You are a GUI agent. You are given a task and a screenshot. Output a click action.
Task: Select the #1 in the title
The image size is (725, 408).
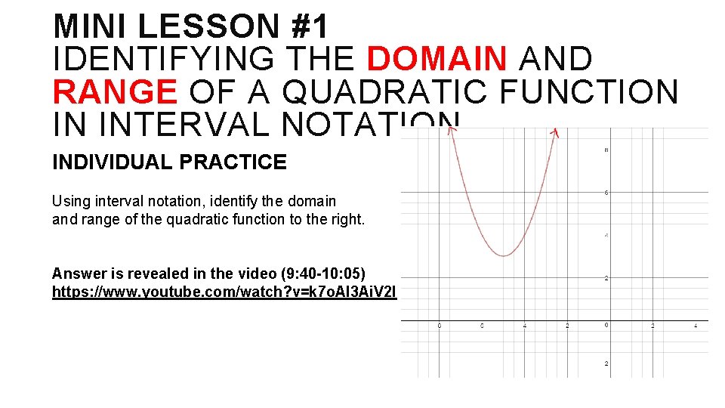pyautogui.click(x=310, y=27)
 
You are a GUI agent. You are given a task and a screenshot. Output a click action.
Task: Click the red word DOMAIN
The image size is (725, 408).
pyautogui.click(x=437, y=60)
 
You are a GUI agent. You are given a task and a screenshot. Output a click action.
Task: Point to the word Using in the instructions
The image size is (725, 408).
pyautogui.click(x=69, y=202)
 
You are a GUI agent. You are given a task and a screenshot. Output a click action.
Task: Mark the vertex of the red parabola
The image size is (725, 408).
pyautogui.click(x=504, y=256)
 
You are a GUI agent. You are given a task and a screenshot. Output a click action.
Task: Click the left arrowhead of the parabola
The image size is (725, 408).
pyautogui.click(x=451, y=131)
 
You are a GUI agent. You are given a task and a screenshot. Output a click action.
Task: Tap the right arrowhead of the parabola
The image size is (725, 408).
pyautogui.click(x=555, y=132)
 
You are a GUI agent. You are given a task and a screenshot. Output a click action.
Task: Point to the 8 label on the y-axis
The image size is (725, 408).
pyautogui.click(x=606, y=150)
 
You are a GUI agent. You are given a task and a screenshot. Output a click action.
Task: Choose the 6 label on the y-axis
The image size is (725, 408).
pyautogui.click(x=606, y=193)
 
